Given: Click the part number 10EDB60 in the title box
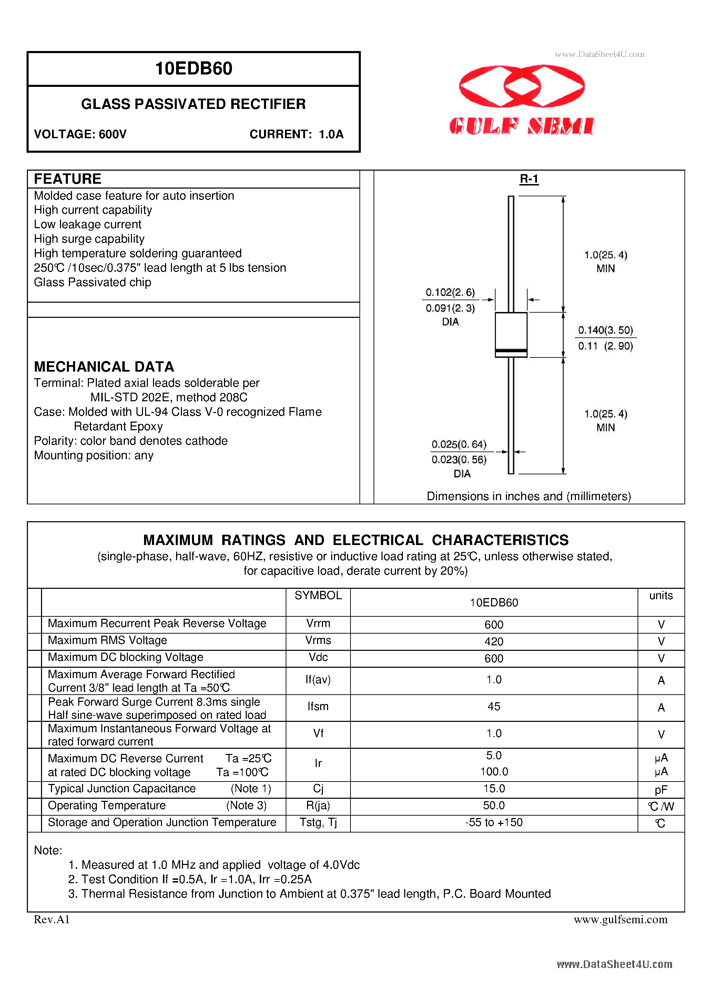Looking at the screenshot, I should coord(194,69).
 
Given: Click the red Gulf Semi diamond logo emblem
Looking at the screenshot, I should coord(521,86).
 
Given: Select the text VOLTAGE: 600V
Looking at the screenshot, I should coord(80,134).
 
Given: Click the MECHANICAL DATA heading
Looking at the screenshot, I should coord(104,366).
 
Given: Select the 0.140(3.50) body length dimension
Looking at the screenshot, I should coord(605,330).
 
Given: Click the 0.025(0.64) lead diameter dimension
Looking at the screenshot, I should coord(459,444).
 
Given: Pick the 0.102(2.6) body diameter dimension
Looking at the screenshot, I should coord(450,292).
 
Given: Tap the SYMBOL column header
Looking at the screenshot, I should coord(318,595).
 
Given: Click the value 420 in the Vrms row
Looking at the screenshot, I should coord(494,642).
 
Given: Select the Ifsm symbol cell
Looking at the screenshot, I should coord(318,706).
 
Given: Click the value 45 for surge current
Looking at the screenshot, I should coord(494,706).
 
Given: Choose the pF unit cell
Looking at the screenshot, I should coord(661,790).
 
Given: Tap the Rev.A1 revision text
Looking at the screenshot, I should coord(52,919).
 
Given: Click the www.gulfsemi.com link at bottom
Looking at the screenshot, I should coord(620,919).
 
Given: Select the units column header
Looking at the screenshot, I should coord(661,595).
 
